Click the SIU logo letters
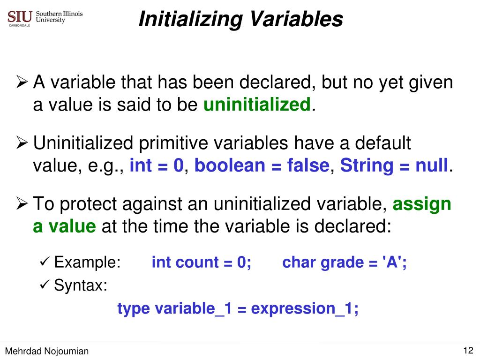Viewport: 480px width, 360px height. point(20,16)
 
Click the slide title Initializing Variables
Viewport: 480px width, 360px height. point(241,19)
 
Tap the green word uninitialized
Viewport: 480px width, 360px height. point(257,105)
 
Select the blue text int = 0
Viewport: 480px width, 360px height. point(157,165)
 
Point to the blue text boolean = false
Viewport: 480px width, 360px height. point(262,165)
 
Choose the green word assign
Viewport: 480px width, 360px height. point(422,204)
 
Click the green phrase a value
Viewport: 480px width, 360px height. point(64,227)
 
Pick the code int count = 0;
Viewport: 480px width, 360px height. point(202,262)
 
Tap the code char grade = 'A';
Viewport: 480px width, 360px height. point(345,262)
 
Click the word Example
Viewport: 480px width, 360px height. point(87,262)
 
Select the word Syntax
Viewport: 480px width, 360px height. point(81,285)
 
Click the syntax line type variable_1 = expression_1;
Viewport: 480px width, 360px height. point(238,308)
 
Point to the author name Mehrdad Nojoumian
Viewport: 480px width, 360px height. point(46,351)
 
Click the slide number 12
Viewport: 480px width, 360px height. point(468,350)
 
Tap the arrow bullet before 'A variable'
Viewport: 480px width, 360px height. point(22,83)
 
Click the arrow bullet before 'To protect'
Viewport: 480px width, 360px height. point(22,204)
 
